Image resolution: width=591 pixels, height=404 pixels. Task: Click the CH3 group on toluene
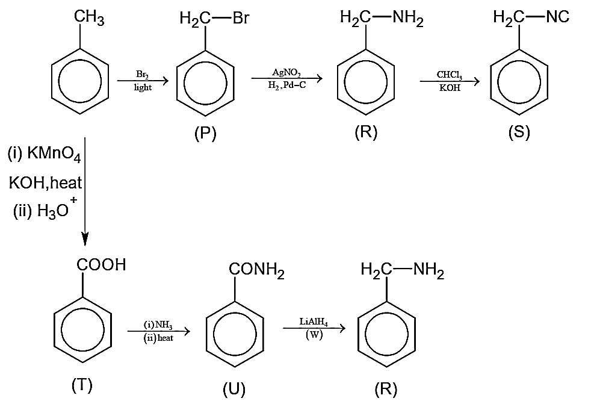[89, 17]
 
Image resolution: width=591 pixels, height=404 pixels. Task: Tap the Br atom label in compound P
[241, 17]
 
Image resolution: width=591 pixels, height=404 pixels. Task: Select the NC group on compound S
[557, 17]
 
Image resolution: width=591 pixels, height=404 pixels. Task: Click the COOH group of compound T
[101, 265]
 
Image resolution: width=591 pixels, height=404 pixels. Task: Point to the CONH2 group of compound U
[256, 270]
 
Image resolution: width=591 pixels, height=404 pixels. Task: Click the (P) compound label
[205, 133]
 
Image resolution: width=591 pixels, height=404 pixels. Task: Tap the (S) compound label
[519, 132]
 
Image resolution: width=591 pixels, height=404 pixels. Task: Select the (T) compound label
[82, 385]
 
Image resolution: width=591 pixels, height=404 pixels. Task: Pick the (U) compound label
[234, 389]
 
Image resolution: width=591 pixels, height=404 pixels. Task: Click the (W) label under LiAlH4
[314, 334]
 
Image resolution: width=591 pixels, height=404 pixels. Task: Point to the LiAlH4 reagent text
[314, 322]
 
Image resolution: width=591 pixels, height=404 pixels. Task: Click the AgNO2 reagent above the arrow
[286, 72]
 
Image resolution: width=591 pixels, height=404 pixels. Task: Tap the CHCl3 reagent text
[450, 75]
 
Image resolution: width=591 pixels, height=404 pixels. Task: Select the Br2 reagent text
[143, 74]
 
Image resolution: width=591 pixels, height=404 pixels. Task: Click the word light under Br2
[143, 87]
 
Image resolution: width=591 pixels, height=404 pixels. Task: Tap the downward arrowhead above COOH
[85, 239]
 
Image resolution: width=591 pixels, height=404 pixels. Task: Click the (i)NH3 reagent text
[158, 325]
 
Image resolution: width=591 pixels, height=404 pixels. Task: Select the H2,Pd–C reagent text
[287, 85]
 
